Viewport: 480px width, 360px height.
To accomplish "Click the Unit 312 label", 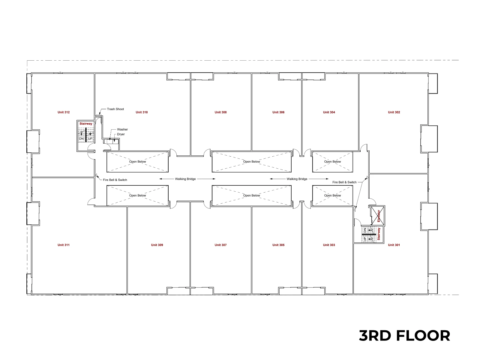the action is click(x=64, y=112).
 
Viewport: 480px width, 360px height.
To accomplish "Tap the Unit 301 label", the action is click(x=394, y=245).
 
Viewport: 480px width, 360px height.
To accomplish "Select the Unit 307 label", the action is click(x=220, y=245).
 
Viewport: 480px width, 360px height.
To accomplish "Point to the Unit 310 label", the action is click(x=142, y=112).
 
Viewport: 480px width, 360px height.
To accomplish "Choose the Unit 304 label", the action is click(x=329, y=112).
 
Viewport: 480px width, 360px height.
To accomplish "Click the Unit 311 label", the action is click(x=63, y=245).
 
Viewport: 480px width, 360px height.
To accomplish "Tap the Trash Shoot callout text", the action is click(x=115, y=109).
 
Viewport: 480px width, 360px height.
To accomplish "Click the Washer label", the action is click(x=122, y=129).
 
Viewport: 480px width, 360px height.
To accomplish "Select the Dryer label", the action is click(x=121, y=134).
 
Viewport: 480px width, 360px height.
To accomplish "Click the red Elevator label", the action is click(x=379, y=216).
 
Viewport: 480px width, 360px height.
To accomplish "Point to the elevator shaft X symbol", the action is click(x=378, y=215).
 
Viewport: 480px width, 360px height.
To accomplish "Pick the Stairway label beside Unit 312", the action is click(x=86, y=124).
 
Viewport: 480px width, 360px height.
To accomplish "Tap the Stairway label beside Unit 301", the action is click(x=379, y=234).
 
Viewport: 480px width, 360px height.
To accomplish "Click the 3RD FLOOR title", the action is click(x=404, y=335).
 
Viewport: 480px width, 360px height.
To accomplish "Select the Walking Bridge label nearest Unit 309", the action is click(x=185, y=179).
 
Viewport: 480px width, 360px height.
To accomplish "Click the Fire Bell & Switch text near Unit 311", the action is click(x=115, y=180).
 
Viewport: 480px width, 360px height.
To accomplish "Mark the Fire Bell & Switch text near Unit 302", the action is click(x=344, y=182).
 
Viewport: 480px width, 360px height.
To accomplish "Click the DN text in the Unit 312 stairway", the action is click(x=81, y=139).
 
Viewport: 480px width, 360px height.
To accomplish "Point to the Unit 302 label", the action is click(x=394, y=112).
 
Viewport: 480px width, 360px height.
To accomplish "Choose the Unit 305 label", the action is click(x=278, y=245).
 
